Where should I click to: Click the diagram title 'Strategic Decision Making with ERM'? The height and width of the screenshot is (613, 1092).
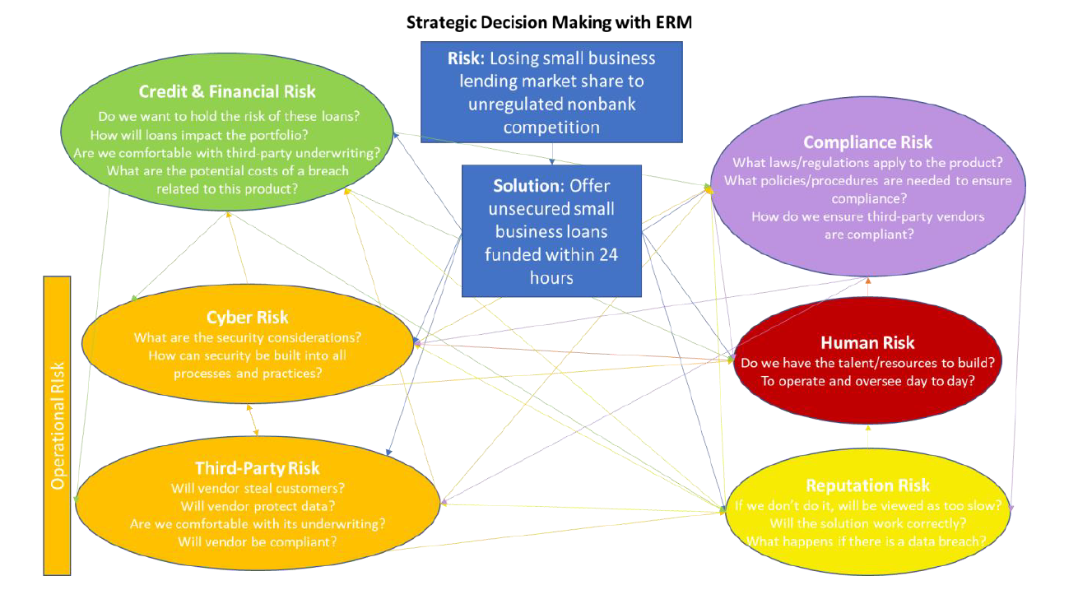click(549, 22)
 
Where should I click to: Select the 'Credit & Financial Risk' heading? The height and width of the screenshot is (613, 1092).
click(227, 91)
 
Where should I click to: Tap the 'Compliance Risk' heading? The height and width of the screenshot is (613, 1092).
click(868, 142)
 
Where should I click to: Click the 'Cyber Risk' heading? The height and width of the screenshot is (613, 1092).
click(248, 318)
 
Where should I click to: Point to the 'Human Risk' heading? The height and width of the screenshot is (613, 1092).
click(867, 342)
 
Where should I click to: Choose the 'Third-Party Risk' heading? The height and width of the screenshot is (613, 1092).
click(258, 468)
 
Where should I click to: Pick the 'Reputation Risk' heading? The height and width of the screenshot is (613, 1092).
click(868, 485)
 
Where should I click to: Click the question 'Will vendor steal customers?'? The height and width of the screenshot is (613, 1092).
click(258, 487)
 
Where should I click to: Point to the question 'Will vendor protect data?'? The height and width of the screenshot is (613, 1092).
click(258, 505)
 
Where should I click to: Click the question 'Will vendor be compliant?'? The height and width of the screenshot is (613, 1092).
click(258, 541)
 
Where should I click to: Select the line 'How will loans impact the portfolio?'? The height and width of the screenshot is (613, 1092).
click(202, 135)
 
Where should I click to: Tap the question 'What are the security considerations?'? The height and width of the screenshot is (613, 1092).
click(248, 337)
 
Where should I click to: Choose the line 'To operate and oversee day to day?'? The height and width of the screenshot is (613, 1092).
click(867, 381)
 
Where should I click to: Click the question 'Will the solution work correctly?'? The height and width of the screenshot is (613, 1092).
click(868, 522)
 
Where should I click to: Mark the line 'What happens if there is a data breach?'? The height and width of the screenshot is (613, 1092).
click(867, 541)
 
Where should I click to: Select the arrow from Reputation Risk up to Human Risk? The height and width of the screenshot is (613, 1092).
click(867, 437)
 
